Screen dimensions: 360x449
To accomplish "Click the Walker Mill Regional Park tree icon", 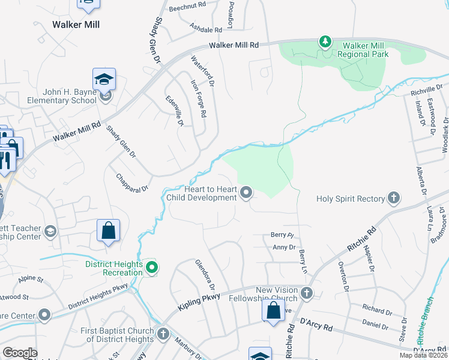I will click(325, 41).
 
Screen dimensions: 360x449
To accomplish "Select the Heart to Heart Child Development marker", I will click(246, 193).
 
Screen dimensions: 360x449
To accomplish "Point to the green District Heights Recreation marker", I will click(152, 268).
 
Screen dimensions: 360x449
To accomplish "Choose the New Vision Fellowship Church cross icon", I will click(307, 293).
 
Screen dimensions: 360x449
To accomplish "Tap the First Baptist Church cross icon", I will click(163, 333).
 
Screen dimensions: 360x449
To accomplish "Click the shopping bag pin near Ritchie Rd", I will click(273, 311).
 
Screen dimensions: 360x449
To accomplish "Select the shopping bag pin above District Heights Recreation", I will click(108, 231).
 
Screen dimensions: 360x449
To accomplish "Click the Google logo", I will click(20, 353).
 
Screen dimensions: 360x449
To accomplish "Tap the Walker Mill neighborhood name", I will click(76, 25).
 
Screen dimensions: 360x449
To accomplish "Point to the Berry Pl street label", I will click(281, 236).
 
